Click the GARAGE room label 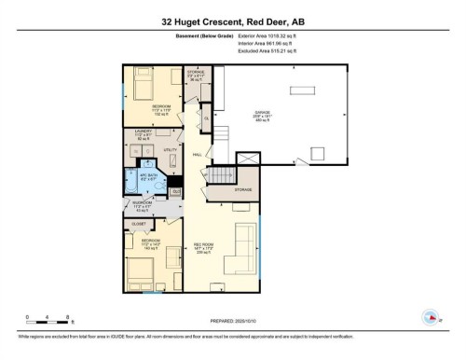264,113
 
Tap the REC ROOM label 204,246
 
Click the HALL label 198,154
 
